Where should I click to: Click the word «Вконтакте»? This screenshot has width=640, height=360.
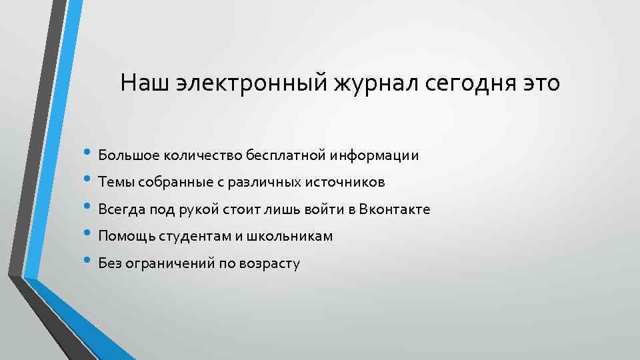pyautogui.click(x=395, y=210)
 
